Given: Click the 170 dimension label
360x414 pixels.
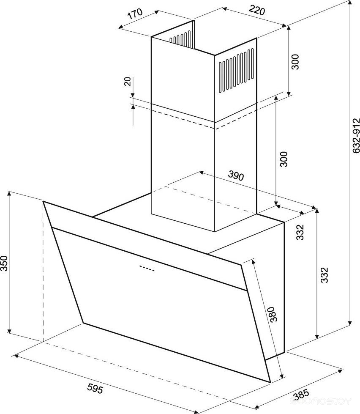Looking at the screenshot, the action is [135, 14].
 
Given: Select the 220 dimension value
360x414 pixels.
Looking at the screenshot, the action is [256, 11].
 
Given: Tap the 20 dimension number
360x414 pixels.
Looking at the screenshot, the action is [127, 82].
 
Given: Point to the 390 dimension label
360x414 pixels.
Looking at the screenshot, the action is [236, 175].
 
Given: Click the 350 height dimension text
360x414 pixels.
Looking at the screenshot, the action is [4, 263].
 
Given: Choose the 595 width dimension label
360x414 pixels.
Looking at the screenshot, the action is [95, 388].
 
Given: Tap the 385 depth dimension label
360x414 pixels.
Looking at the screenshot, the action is [301, 395].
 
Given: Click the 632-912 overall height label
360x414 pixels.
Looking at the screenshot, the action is [356, 135].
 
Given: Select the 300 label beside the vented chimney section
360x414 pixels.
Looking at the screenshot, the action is [295, 62].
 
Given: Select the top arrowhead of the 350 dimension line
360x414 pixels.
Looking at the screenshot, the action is [9, 194].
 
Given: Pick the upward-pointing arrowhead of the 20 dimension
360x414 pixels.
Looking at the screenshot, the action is [133, 106].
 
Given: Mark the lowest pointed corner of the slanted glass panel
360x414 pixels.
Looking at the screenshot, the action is [270, 382].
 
